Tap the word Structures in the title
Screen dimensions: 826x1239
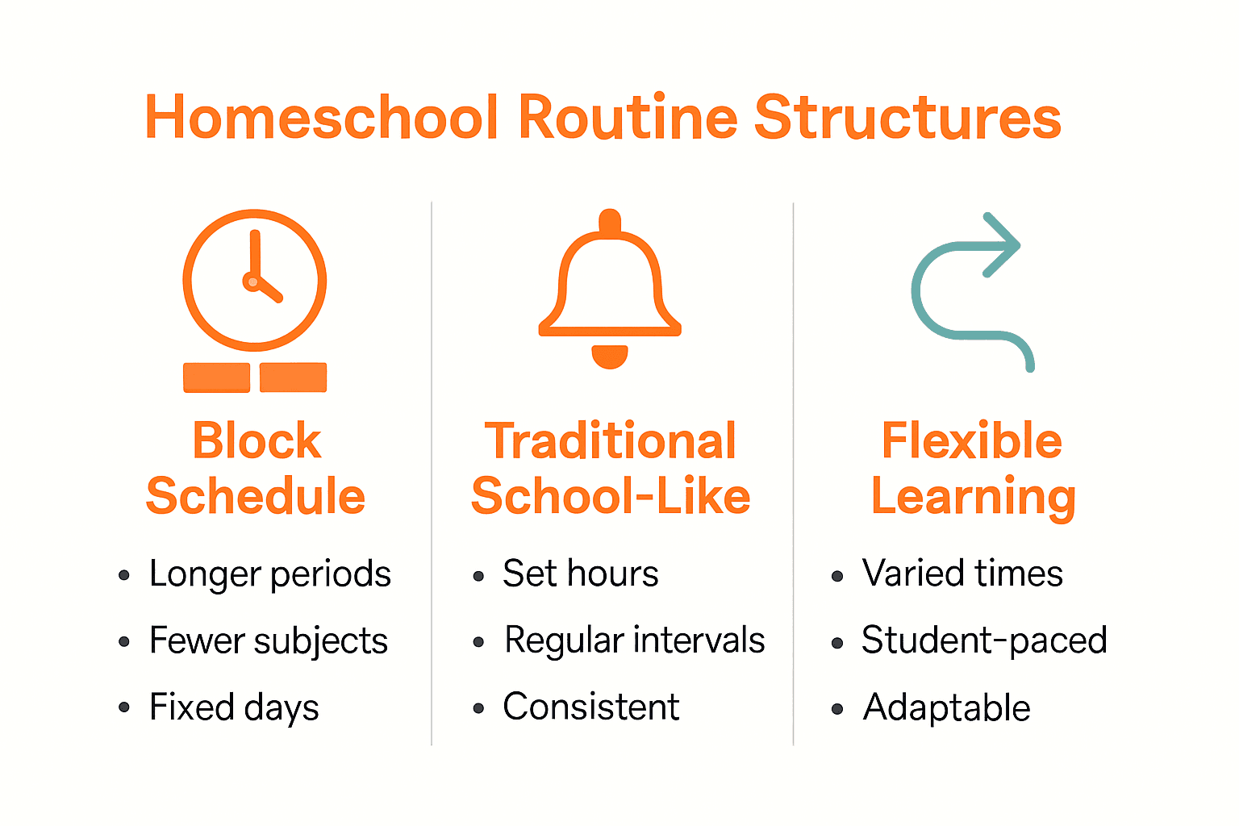[907, 118]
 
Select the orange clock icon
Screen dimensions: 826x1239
[255, 281]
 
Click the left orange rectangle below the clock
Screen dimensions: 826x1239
[216, 378]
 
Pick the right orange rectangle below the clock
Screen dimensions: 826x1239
[294, 378]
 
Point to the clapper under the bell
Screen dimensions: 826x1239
[610, 355]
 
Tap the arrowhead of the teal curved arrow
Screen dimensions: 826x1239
[1002, 244]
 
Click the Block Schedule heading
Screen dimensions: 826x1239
[256, 468]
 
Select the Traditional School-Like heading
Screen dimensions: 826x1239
[611, 468]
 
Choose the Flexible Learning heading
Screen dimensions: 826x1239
[973, 468]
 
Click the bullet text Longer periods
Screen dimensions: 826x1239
[269, 574]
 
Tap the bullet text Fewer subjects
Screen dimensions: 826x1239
[268, 641]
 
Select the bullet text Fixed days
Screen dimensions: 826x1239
[234, 707]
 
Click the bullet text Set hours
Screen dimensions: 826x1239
[580, 574]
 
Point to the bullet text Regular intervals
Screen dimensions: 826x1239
[634, 640]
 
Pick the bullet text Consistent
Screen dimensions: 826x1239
[590, 707]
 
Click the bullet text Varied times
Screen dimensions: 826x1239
[962, 574]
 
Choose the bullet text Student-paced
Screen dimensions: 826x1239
[983, 640]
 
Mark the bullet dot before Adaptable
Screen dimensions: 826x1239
[837, 710]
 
